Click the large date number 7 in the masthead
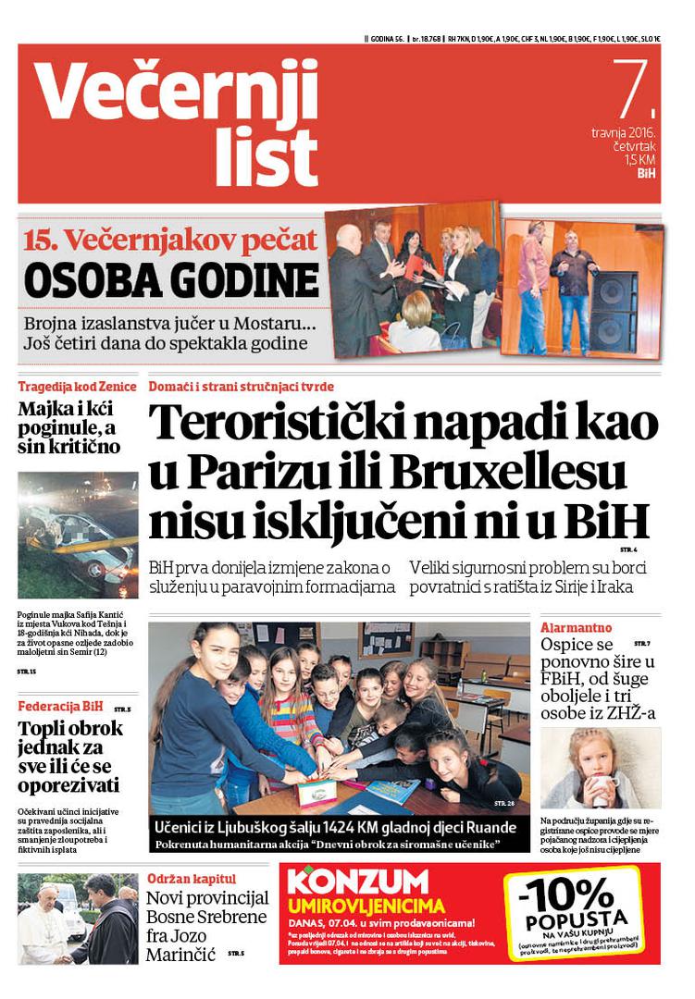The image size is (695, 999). [x=633, y=91]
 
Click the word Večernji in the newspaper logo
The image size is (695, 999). [x=177, y=93]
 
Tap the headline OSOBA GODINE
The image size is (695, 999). [x=171, y=280]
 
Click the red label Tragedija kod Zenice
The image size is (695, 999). [x=78, y=386]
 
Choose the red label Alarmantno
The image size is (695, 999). [x=576, y=627]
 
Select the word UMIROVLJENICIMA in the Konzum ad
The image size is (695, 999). [x=366, y=906]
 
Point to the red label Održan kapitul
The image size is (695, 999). [x=191, y=879]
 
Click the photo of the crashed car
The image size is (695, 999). [x=78, y=536]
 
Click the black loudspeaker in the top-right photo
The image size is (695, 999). [x=613, y=310]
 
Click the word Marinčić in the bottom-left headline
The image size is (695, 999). [x=180, y=954]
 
